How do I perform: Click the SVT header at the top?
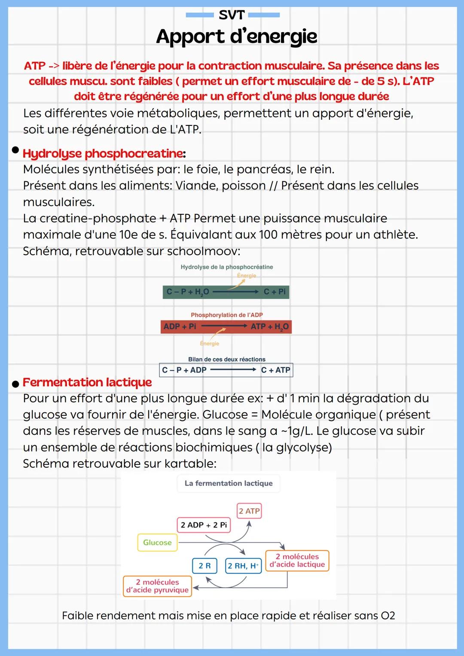point(232,15)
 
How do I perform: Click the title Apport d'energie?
point(236,37)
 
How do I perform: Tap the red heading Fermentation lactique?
point(87,382)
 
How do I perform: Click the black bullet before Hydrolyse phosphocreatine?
point(15,150)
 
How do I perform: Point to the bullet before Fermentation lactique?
point(15,384)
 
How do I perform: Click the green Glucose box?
point(157,543)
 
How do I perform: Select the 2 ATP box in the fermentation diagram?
point(249,511)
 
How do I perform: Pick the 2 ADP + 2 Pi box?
point(204,525)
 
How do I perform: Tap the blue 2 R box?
point(205,566)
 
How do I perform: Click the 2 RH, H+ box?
point(243,566)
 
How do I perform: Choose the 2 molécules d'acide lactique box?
point(297,561)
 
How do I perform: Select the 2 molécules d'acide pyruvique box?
point(157,586)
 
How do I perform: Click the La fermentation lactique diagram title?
point(229,483)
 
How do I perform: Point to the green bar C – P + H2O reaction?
point(226,292)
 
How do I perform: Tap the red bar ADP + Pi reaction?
point(226,326)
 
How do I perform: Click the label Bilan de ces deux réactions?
point(226,359)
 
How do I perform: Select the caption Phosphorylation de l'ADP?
point(226,315)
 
